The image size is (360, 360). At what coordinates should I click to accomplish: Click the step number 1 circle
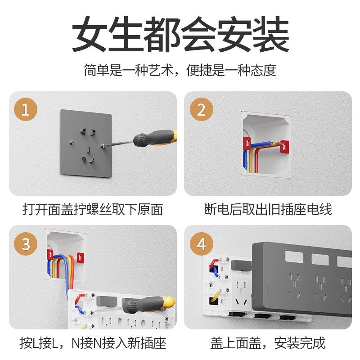[26, 110]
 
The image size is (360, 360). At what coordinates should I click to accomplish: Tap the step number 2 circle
[201, 110]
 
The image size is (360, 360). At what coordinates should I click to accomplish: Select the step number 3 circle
[26, 244]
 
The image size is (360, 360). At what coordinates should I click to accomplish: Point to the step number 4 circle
[201, 244]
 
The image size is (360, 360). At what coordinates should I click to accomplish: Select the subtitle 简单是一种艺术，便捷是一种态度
[180, 70]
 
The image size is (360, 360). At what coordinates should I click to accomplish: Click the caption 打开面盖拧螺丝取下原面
[93, 209]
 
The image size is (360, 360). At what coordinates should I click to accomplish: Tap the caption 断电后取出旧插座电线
[268, 209]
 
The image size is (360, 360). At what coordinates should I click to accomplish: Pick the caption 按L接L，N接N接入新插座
[93, 343]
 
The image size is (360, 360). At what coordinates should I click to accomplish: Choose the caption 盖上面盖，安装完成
[268, 343]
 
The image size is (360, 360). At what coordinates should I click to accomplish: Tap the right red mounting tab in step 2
[284, 146]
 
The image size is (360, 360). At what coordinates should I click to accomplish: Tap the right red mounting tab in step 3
[80, 258]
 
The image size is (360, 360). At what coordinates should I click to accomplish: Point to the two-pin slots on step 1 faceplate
[88, 131]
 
